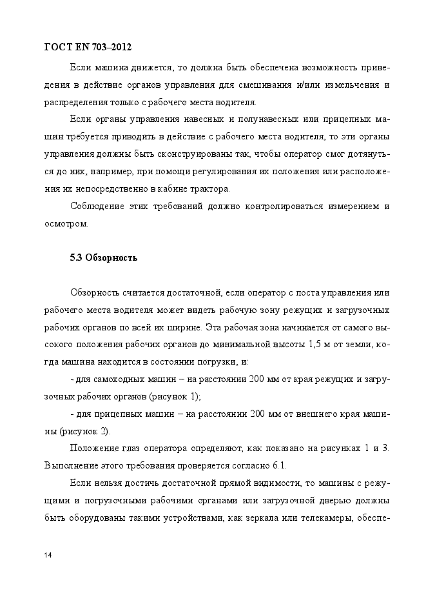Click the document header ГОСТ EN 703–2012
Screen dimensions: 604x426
click(88, 46)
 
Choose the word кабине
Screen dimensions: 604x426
click(173, 189)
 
